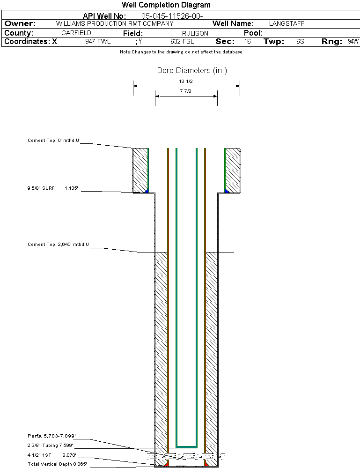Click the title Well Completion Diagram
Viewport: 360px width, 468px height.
pos(166,5)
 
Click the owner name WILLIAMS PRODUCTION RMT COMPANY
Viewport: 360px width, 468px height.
pos(115,23)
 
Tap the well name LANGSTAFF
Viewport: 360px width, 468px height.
pos(285,23)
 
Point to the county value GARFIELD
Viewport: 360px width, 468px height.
pos(76,33)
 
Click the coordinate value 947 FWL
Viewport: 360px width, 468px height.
pos(98,42)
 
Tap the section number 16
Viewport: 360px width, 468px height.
pos(248,42)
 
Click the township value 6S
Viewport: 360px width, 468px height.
pos(301,42)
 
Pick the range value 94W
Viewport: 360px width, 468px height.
pos(353,42)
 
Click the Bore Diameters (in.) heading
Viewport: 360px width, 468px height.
pos(192,71)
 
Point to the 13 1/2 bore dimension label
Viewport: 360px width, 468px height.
pos(186,81)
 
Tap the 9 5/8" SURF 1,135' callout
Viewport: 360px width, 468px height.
pos(52,188)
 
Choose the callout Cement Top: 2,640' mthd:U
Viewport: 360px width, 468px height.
pos(58,244)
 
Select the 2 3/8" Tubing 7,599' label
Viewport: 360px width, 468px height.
pos(50,446)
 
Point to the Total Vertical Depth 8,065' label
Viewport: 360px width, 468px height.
pos(57,464)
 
